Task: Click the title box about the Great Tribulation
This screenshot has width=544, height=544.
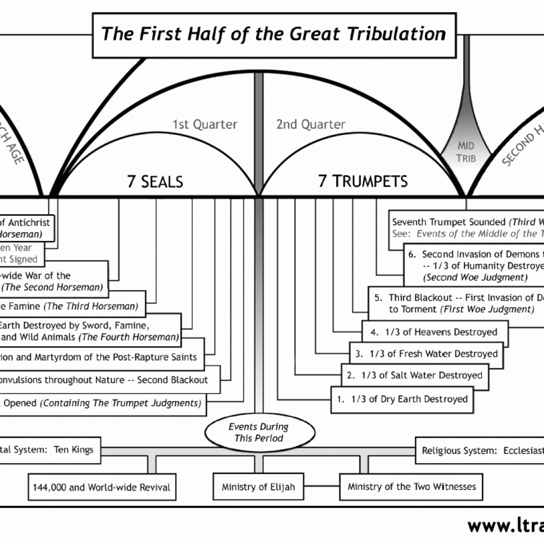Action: point(274,35)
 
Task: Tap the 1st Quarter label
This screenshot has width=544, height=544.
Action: point(205,125)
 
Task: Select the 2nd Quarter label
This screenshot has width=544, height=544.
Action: point(311,125)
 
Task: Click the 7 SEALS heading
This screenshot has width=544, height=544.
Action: point(155,182)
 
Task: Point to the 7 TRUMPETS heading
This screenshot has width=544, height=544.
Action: point(363,182)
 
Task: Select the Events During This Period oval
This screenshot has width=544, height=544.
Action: point(258,432)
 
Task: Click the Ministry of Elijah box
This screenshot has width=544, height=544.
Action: point(258,486)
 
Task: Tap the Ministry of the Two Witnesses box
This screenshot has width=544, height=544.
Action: point(412,486)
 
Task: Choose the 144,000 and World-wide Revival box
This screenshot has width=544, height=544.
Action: point(102,487)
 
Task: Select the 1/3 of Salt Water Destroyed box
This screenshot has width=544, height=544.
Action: point(414,375)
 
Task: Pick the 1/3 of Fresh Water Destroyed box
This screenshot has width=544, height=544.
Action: point(426,353)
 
